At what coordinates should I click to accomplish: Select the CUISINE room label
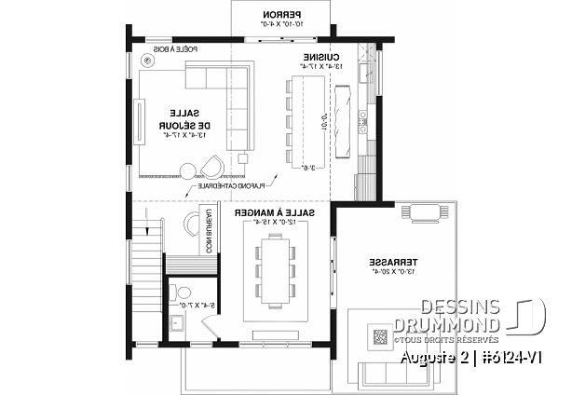pyautogui.click(x=320, y=57)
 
